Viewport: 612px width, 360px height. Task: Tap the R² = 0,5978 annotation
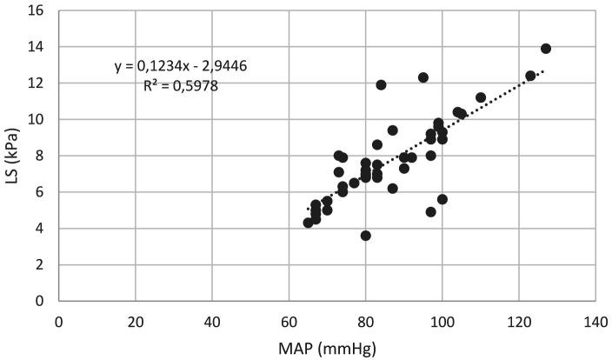[181, 86]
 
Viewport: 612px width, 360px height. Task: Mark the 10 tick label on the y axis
[39, 119]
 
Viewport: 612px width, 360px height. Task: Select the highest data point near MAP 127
[546, 49]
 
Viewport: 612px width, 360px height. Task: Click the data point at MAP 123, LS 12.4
[530, 76]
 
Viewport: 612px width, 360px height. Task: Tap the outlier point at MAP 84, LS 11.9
[381, 85]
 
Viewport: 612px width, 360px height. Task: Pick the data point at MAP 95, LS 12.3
[423, 77]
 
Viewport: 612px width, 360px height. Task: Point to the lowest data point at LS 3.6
[366, 236]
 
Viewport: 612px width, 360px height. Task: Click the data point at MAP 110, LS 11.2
[481, 97]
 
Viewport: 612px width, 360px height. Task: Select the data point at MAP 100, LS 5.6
[442, 199]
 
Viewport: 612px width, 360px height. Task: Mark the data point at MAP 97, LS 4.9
[431, 212]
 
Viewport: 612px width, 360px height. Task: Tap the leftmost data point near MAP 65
[309, 223]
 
